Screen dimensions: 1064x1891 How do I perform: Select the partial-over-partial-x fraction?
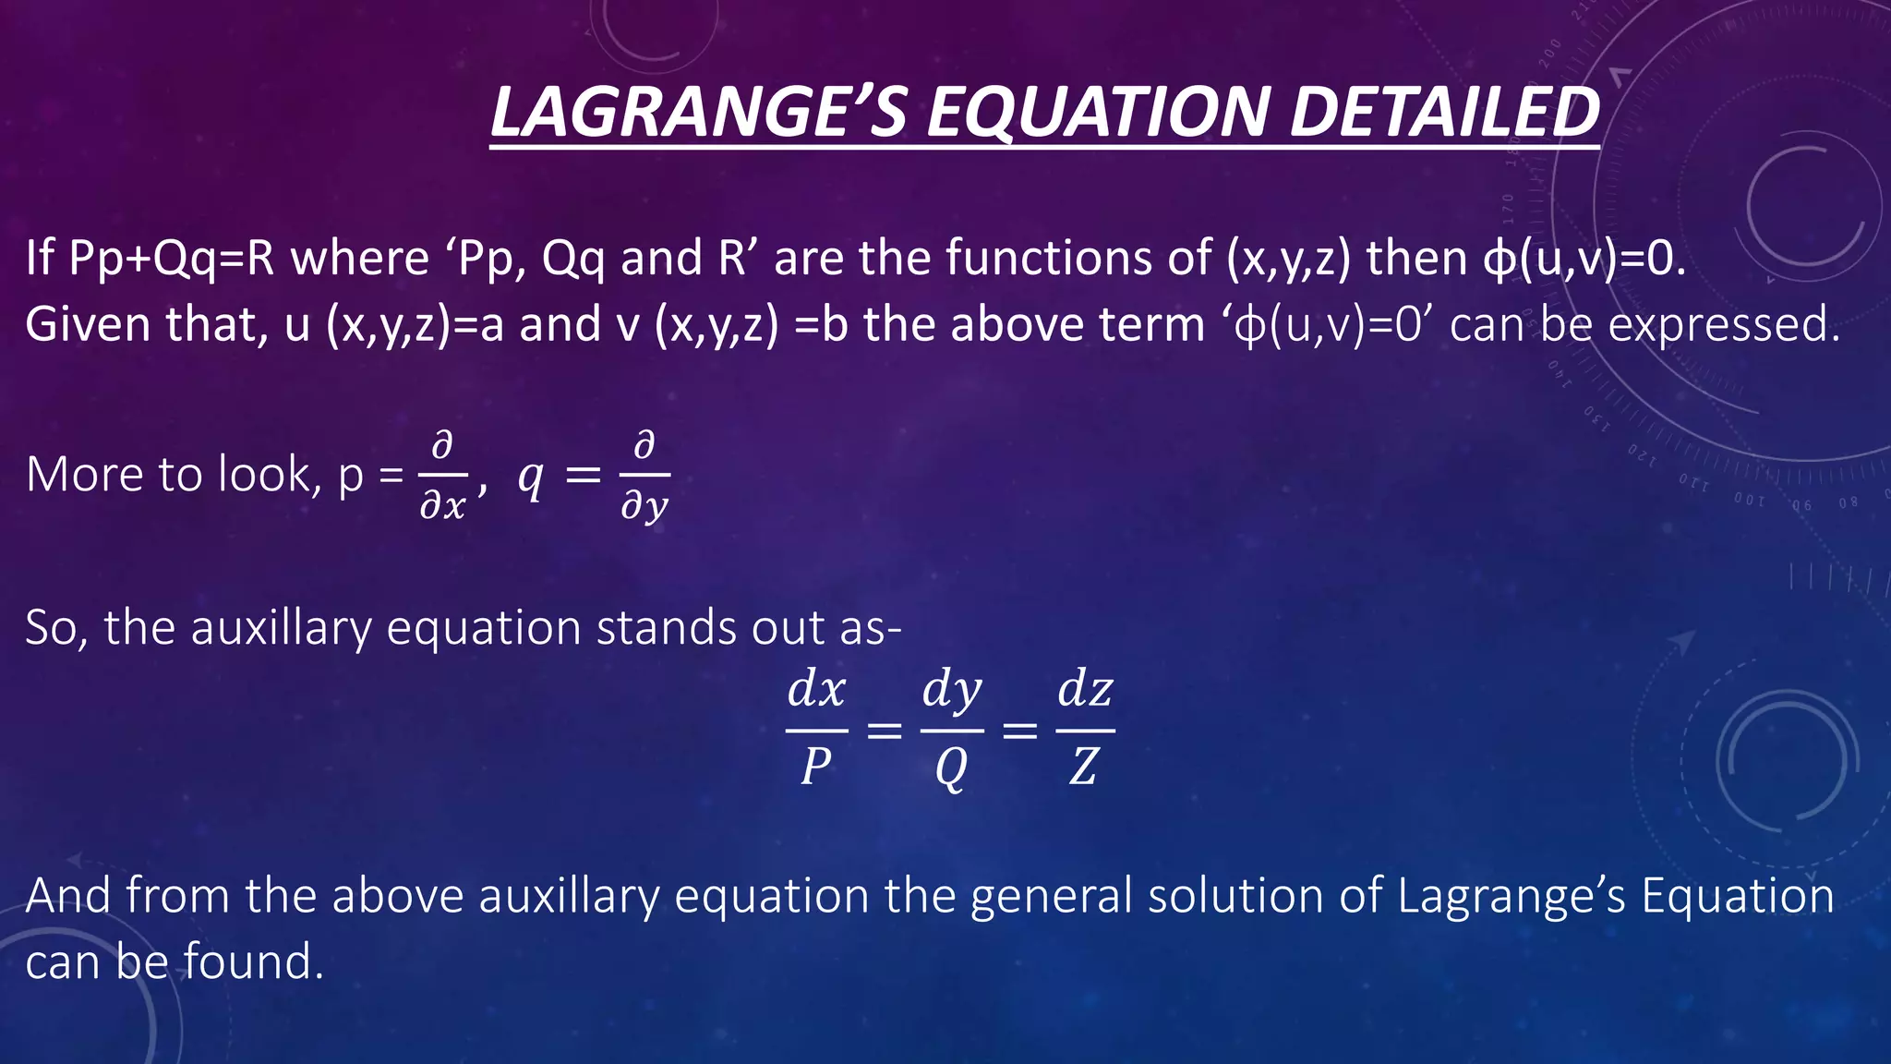[x=443, y=477]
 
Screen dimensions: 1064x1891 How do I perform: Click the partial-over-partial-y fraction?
[x=644, y=477]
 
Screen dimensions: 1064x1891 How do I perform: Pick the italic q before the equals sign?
[x=530, y=478]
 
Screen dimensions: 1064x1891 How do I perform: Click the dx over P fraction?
[x=816, y=730]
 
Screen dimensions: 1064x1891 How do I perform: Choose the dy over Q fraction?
[x=951, y=730]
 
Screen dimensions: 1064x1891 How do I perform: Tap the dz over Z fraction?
[x=1085, y=730]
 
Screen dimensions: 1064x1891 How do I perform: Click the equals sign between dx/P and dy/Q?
[x=884, y=731]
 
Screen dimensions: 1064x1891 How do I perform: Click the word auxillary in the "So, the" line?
[x=281, y=628]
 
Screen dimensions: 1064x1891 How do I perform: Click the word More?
[x=84, y=476]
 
